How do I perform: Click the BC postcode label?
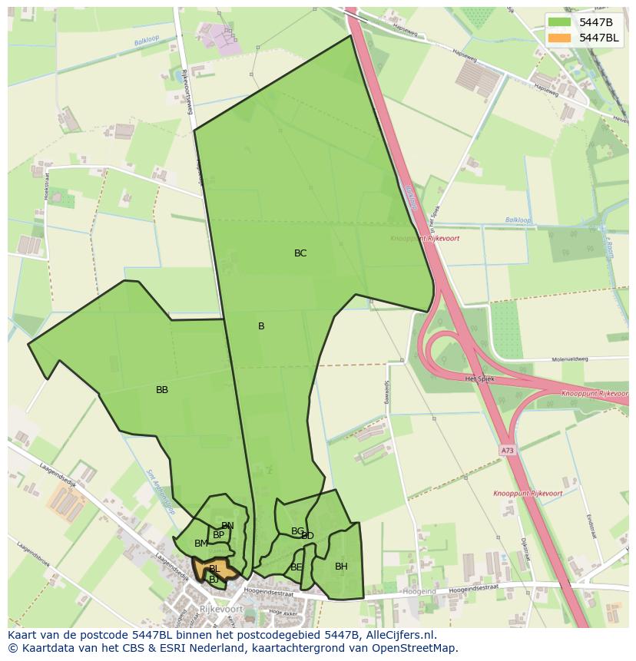pyautogui.click(x=300, y=253)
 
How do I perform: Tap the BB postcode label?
pyautogui.click(x=162, y=390)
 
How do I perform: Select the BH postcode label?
pyautogui.click(x=341, y=567)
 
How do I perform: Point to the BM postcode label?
pyautogui.click(x=200, y=544)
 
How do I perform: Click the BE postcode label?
pyautogui.click(x=296, y=567)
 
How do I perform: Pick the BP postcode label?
pyautogui.click(x=219, y=535)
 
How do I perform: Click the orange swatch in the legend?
pyautogui.click(x=560, y=38)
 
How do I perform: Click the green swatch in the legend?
pyautogui.click(x=560, y=22)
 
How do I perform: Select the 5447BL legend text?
pyautogui.click(x=599, y=38)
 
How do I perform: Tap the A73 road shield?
pyautogui.click(x=507, y=451)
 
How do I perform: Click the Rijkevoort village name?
pyautogui.click(x=220, y=609)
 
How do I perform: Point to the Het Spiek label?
pyautogui.click(x=479, y=378)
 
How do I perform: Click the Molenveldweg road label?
pyautogui.click(x=569, y=359)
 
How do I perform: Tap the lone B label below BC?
pyautogui.click(x=261, y=326)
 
